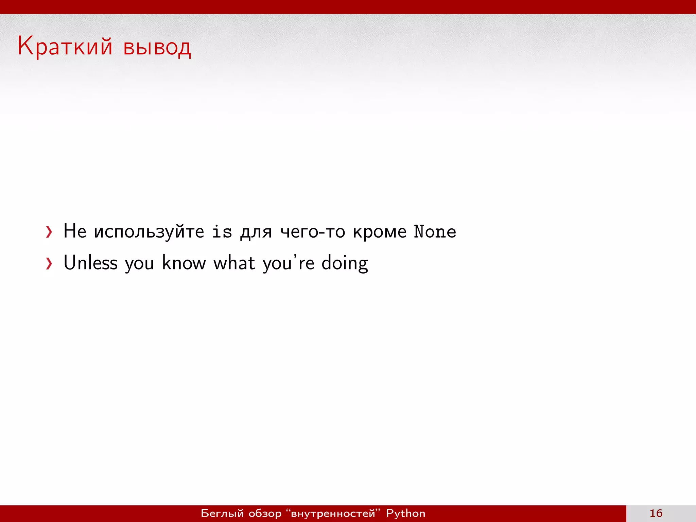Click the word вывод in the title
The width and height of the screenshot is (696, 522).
click(157, 48)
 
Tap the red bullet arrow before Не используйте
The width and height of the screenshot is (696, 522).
click(49, 232)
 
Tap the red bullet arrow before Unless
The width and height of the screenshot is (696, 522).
click(49, 263)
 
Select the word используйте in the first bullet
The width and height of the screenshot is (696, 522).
click(149, 232)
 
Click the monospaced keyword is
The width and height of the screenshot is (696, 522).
click(222, 232)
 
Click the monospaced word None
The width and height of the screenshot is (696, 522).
click(435, 232)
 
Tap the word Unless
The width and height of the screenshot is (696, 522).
click(90, 263)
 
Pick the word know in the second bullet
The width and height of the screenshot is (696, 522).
click(184, 263)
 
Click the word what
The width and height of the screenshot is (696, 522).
click(234, 263)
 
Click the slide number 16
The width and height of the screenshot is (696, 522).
click(656, 513)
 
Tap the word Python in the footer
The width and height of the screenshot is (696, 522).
click(405, 513)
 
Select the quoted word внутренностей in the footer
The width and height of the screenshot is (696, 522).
click(333, 513)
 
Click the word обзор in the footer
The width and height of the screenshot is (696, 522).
click(265, 513)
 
